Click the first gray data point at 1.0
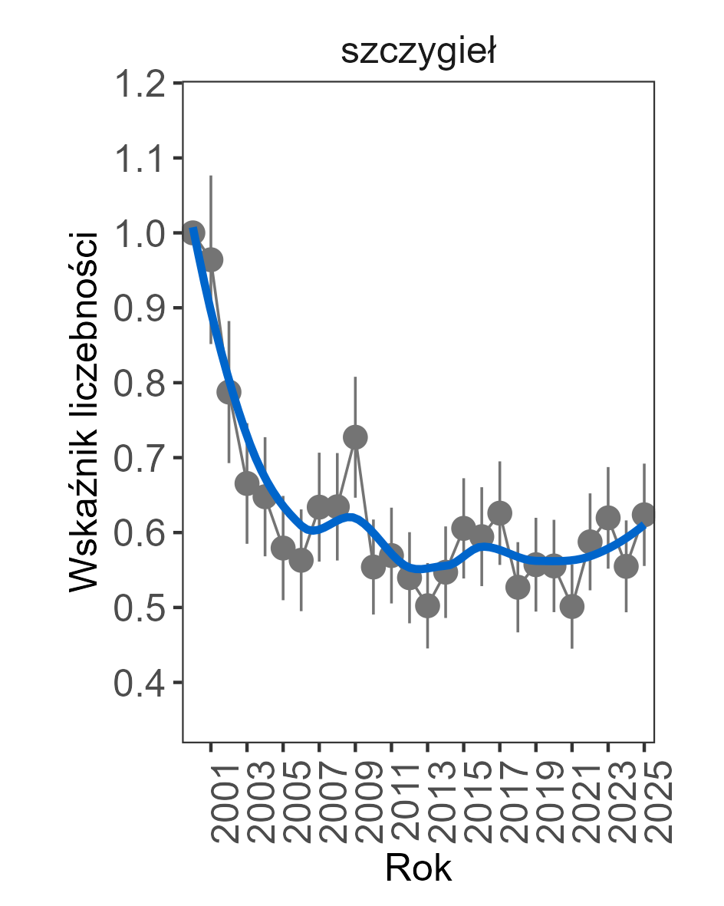[193, 232]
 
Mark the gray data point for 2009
[355, 437]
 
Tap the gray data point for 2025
[644, 514]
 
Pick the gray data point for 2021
[572, 607]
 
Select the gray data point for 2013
[427, 606]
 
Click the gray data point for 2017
[500, 513]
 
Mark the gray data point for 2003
[247, 483]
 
